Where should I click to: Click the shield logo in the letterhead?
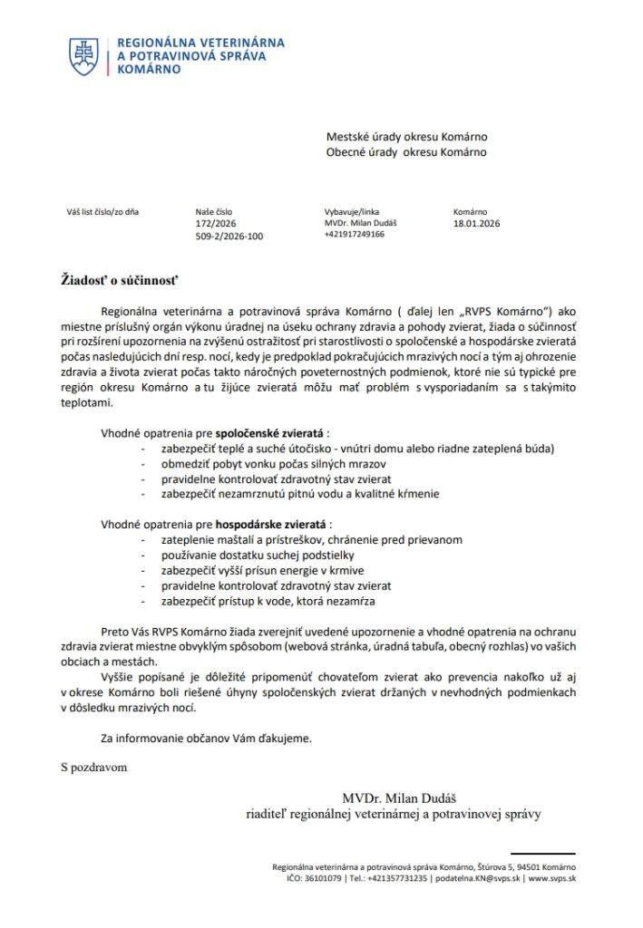(85, 56)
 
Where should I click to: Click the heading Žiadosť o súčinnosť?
(115, 278)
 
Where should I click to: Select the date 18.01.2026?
(476, 223)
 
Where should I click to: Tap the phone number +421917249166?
(354, 234)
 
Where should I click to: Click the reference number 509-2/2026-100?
(229, 235)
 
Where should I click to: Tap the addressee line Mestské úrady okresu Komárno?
(413, 137)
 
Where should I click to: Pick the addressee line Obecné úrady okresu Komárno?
(406, 151)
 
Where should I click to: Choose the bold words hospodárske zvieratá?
(271, 524)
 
